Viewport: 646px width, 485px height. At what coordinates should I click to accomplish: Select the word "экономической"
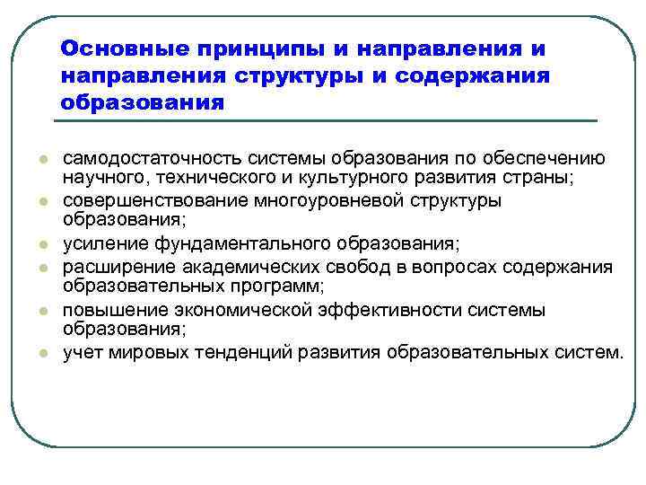coord(229,310)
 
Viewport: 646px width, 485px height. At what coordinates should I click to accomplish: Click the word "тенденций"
coord(242,351)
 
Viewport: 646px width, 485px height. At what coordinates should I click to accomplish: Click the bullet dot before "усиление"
coord(42,244)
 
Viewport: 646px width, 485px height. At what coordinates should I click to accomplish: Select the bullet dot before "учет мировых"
coord(42,353)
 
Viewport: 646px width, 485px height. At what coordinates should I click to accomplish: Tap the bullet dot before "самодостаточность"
coord(42,159)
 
